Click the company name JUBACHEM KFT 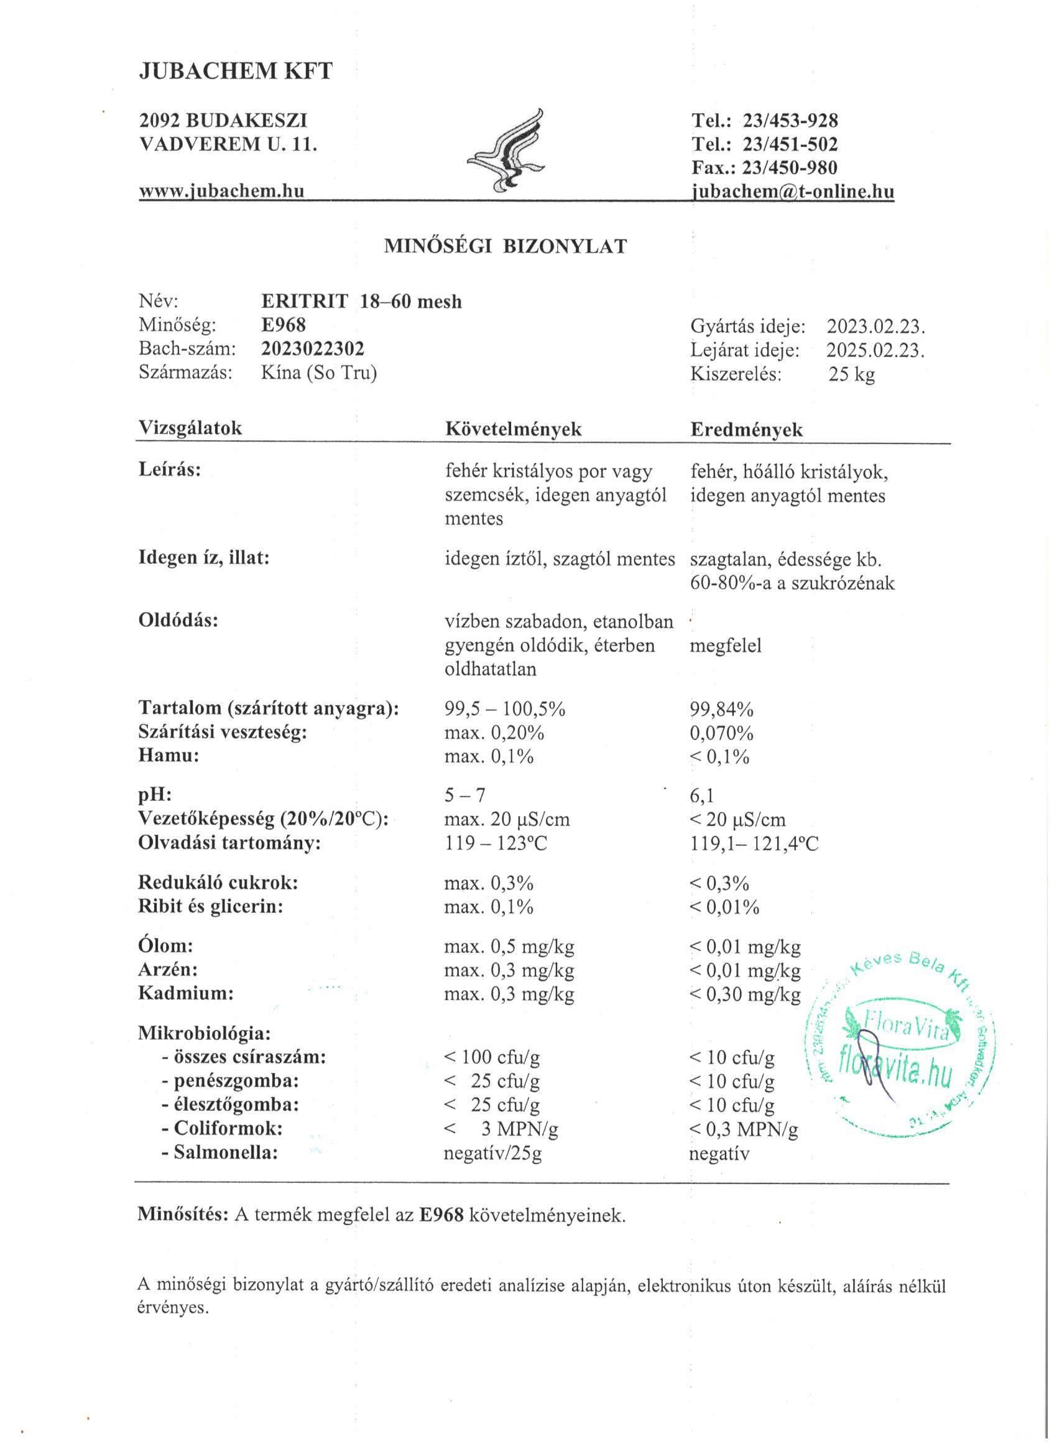[236, 71]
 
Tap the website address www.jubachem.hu [221, 190]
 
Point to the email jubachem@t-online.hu [793, 192]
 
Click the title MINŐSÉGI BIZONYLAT [505, 247]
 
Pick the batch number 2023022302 [313, 349]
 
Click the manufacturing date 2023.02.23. [875, 326]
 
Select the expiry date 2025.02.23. [875, 350]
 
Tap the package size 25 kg [851, 374]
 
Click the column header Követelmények [514, 429]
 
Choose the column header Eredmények [746, 429]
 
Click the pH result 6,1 [702, 795]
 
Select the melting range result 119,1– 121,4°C [754, 843]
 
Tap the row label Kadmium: [186, 994]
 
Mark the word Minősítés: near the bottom [183, 1214]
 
